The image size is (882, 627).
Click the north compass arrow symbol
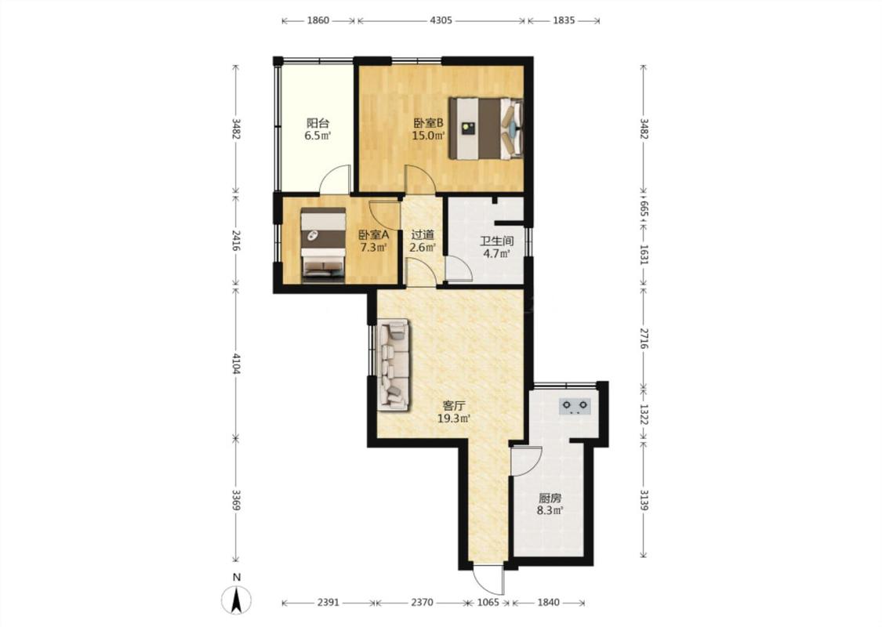(237, 600)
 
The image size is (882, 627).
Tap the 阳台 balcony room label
(318, 122)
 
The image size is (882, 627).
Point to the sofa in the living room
(394, 363)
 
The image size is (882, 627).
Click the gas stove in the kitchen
(575, 406)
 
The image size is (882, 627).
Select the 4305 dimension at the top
(441, 20)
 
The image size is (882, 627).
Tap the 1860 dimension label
(318, 20)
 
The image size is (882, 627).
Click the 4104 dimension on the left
(236, 363)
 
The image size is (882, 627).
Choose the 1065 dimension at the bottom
(488, 602)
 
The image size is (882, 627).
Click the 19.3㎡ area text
(454, 418)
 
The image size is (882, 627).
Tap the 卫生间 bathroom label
(497, 241)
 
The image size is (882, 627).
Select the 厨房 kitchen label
(550, 498)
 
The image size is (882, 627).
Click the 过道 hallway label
(423, 234)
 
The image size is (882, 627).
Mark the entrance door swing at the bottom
(487, 578)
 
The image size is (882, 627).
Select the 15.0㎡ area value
(429, 136)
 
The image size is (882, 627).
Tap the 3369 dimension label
(236, 499)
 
